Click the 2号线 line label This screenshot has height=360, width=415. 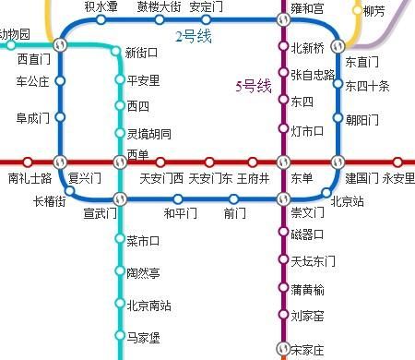(195, 36)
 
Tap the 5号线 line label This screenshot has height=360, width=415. (253, 86)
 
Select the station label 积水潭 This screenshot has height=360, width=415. (101, 6)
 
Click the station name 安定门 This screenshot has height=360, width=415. (206, 6)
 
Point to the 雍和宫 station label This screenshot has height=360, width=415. (307, 8)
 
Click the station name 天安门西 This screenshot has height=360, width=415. (161, 178)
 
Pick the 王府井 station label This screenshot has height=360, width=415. (253, 178)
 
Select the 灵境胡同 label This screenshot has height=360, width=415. (148, 134)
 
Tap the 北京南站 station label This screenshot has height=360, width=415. (148, 306)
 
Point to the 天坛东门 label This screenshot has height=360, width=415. (313, 261)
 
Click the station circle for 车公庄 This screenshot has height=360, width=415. (60, 81)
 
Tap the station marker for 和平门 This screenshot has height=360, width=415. (179, 198)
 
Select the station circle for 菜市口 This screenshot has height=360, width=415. (119, 240)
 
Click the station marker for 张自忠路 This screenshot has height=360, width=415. (283, 74)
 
